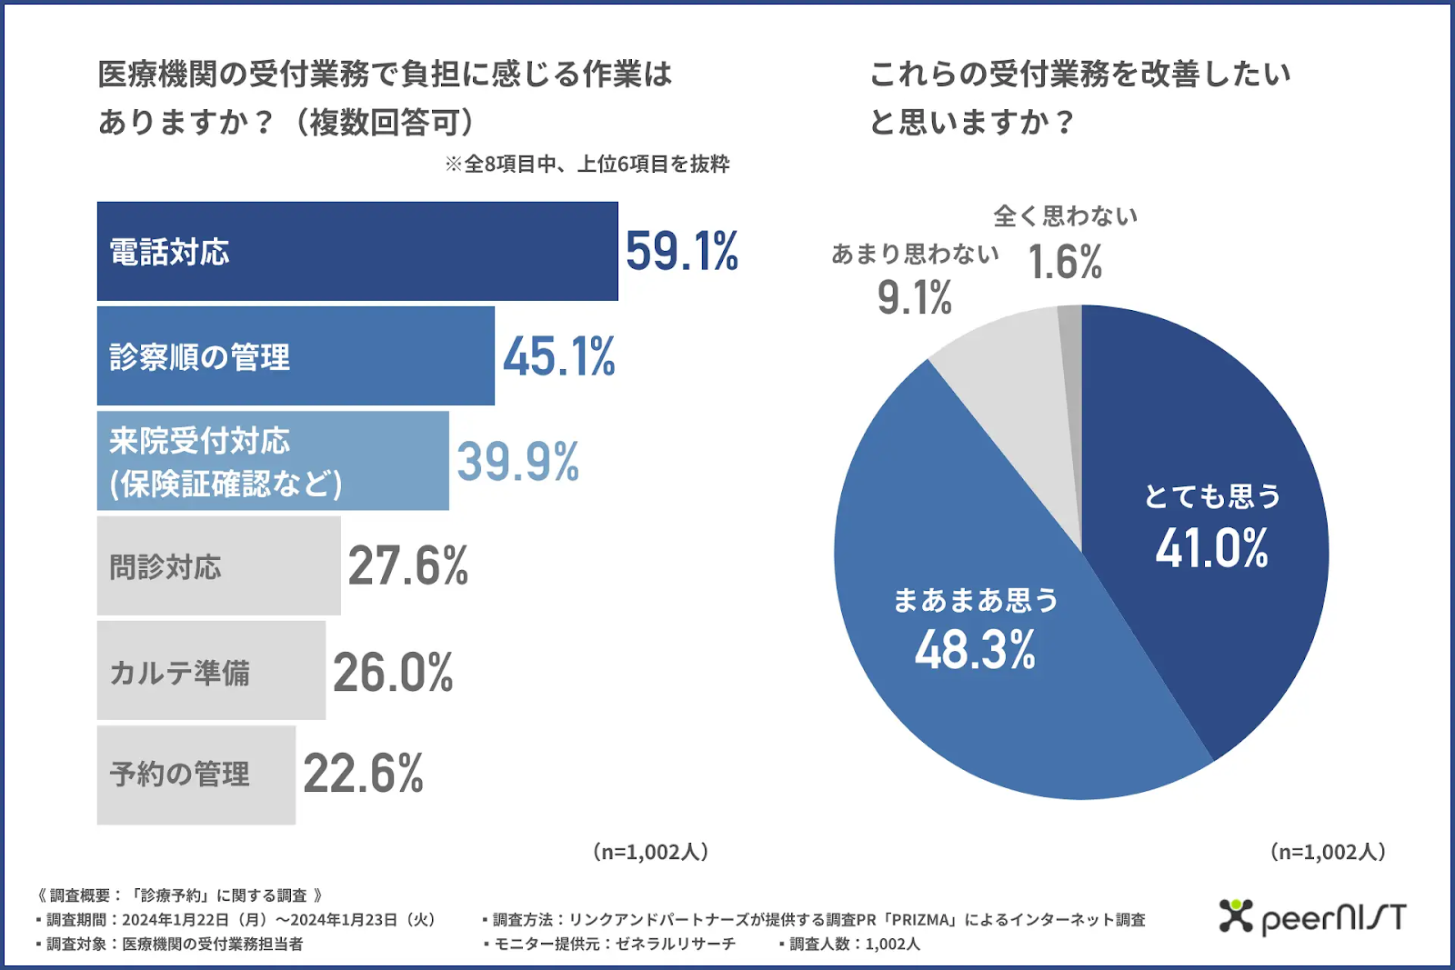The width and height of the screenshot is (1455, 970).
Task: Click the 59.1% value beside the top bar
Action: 681,251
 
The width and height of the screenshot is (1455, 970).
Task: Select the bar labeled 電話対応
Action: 357,251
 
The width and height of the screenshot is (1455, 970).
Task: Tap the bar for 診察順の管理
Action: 296,356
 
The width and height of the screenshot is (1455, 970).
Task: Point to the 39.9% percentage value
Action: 517,461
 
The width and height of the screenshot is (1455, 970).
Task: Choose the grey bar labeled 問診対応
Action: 218,565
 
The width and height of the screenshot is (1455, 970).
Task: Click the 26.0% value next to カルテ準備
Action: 393,672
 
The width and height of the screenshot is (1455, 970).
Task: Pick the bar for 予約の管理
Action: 196,775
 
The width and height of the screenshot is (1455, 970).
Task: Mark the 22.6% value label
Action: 363,774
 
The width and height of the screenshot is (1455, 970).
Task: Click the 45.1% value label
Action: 559,356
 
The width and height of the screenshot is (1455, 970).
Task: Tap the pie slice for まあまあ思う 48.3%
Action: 973,636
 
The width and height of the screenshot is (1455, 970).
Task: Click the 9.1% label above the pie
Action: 914,297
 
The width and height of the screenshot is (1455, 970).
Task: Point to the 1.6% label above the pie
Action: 1064,263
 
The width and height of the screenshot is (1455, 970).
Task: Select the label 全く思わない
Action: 1065,216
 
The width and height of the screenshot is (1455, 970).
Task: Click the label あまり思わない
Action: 915,254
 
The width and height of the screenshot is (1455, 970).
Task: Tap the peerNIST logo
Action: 1312,917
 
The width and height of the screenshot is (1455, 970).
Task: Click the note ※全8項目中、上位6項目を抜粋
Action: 587,164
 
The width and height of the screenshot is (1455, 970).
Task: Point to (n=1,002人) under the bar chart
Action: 650,852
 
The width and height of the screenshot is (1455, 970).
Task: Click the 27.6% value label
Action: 407,565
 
